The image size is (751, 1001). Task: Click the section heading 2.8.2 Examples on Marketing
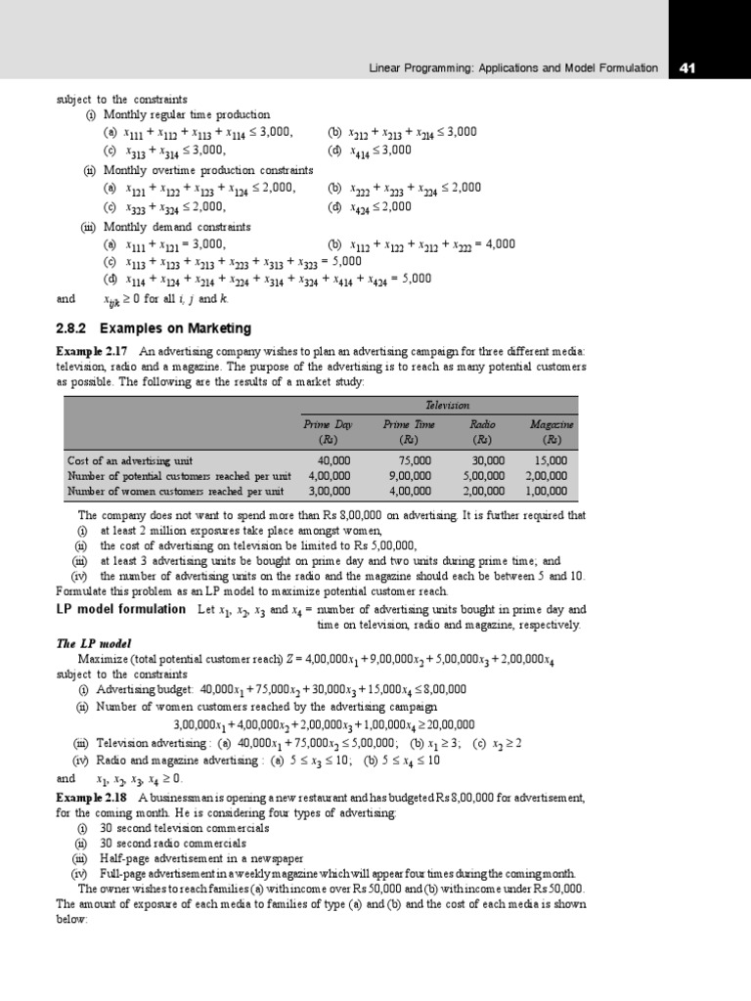[154, 327]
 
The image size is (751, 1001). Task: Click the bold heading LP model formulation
[122, 609]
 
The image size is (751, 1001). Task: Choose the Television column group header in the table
[446, 405]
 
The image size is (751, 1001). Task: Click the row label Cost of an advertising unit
[130, 459]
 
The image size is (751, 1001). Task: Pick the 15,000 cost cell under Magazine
[551, 459]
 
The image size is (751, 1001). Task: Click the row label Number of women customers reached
[175, 491]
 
